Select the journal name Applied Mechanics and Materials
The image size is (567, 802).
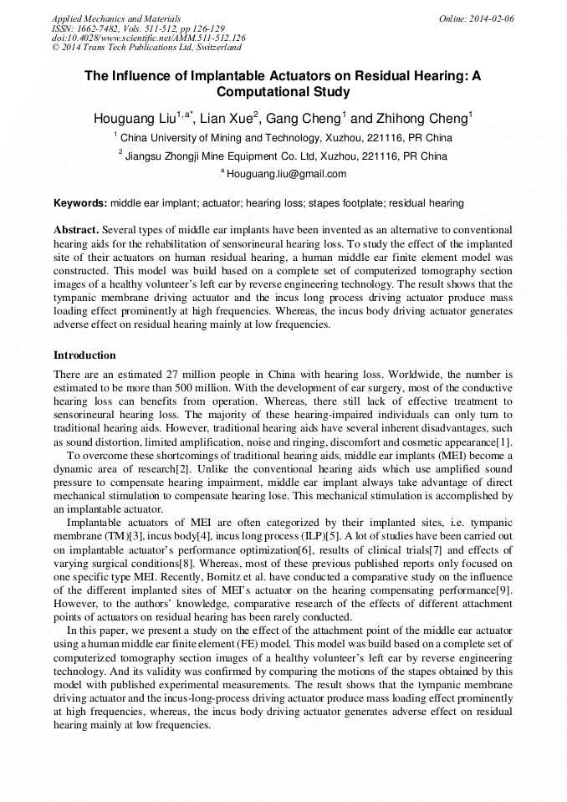tap(115, 18)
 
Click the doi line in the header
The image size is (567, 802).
tap(149, 38)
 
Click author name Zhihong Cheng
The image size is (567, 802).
tap(427, 119)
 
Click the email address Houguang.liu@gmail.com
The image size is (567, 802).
tap(286, 174)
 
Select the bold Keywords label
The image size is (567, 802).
tap(80, 203)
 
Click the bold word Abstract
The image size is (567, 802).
tap(76, 229)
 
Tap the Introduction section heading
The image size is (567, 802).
tap(84, 355)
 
